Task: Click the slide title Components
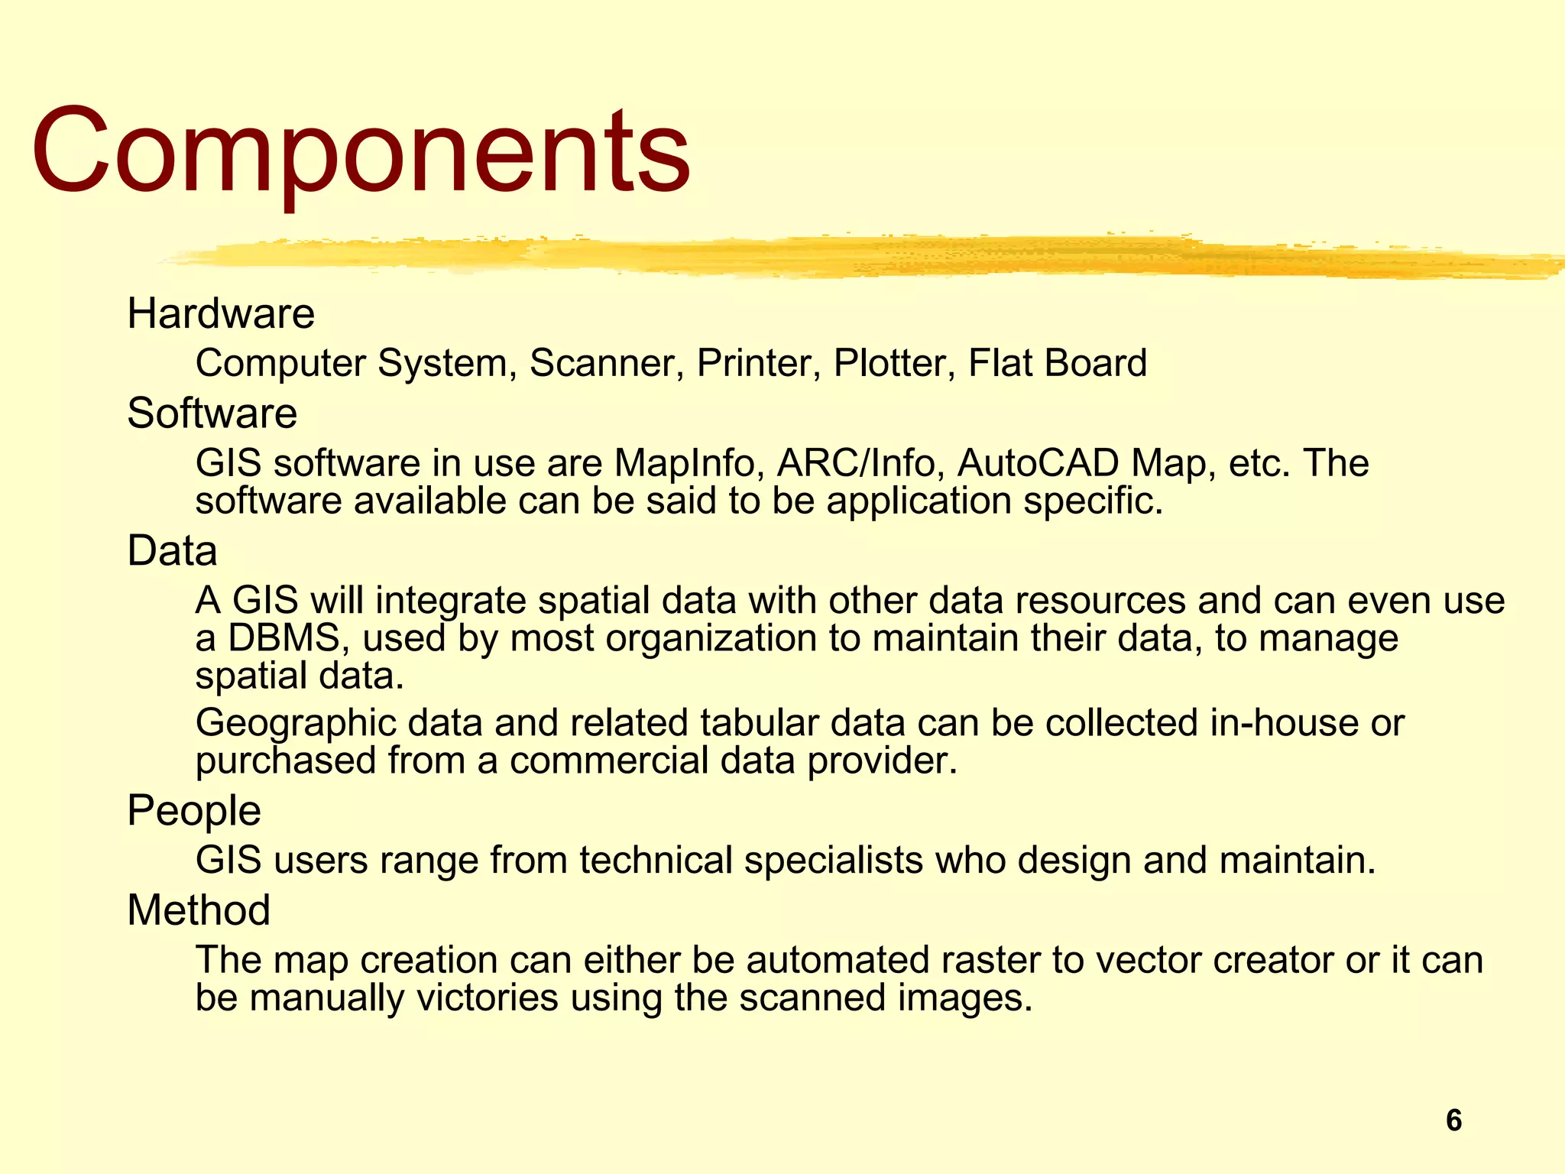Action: (361, 151)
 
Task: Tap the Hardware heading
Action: (221, 313)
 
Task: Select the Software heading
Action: (212, 413)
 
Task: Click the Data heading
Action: (172, 551)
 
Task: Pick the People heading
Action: (193, 811)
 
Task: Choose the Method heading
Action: (199, 910)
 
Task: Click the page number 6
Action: (1453, 1120)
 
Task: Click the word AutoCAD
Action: (1038, 463)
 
